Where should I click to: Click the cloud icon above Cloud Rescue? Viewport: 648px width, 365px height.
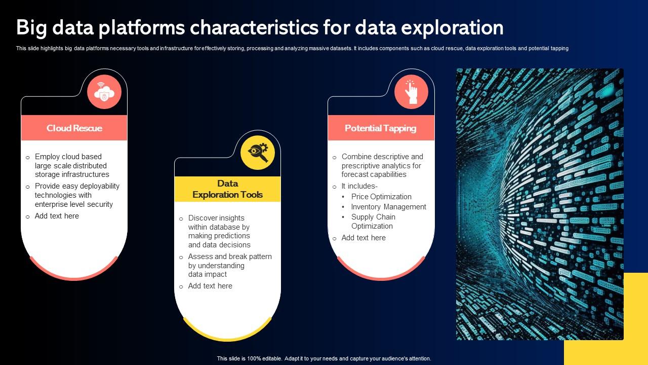tap(104, 92)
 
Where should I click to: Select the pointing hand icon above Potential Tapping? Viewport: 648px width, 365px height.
tap(411, 92)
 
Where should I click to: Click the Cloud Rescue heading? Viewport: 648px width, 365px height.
tap(74, 128)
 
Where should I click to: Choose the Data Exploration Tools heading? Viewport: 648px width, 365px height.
tap(227, 189)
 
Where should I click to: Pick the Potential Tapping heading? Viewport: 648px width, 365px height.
tap(380, 128)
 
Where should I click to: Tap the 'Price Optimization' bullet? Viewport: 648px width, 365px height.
tap(381, 197)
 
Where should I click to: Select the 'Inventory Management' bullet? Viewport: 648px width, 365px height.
tap(388, 207)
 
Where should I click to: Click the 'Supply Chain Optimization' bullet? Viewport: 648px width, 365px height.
tap(373, 222)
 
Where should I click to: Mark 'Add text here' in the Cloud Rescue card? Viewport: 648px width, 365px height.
tap(57, 216)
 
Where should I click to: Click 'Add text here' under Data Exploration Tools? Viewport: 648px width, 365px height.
tap(210, 286)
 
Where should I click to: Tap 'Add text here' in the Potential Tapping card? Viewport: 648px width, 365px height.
tap(363, 238)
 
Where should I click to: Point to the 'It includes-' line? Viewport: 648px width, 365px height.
tap(359, 186)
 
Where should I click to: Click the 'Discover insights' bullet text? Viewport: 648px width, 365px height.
tap(216, 218)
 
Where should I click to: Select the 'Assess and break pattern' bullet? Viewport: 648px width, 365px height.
tap(230, 257)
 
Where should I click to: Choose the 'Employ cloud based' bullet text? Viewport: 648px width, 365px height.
tap(68, 157)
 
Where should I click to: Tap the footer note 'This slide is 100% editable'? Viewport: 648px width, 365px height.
tap(324, 358)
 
